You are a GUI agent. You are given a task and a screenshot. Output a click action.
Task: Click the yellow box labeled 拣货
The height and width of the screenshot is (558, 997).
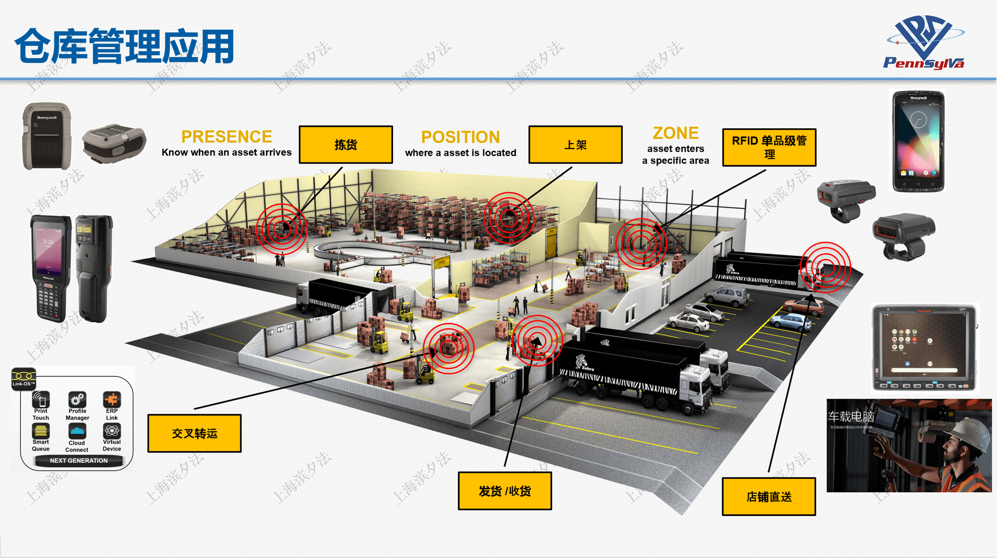345,145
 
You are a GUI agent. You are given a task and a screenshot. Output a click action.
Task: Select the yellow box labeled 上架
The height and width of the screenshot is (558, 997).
575,145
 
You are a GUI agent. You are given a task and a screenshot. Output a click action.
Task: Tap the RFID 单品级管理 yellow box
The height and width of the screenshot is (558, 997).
769,147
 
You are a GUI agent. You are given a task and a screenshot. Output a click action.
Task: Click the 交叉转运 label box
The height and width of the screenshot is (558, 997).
194,433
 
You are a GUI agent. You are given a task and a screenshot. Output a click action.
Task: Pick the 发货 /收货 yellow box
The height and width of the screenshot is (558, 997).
505,491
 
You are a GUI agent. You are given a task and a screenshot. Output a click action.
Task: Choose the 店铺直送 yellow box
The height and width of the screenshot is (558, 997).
769,497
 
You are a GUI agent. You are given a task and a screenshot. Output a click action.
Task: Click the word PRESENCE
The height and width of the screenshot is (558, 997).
227,137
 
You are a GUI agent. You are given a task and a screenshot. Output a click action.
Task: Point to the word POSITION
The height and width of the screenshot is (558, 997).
460,137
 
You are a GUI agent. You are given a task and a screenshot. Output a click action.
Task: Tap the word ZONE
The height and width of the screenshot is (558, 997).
676,133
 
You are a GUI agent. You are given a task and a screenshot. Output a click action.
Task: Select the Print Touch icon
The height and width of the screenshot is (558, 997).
41,400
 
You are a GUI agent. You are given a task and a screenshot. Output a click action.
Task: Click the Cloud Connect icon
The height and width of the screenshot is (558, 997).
77,432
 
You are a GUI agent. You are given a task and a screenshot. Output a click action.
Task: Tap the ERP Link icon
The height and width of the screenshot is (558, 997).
112,400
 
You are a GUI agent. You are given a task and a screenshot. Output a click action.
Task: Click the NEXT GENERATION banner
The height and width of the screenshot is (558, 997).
79,461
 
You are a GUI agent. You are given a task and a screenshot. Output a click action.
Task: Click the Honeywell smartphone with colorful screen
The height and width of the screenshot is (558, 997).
918,141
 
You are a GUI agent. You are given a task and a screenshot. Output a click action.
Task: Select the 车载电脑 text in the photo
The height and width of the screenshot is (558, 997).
851,417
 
